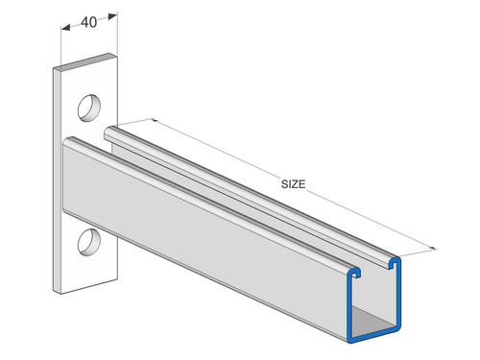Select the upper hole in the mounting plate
tap(88, 104)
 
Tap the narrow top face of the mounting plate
tap(86, 66)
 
